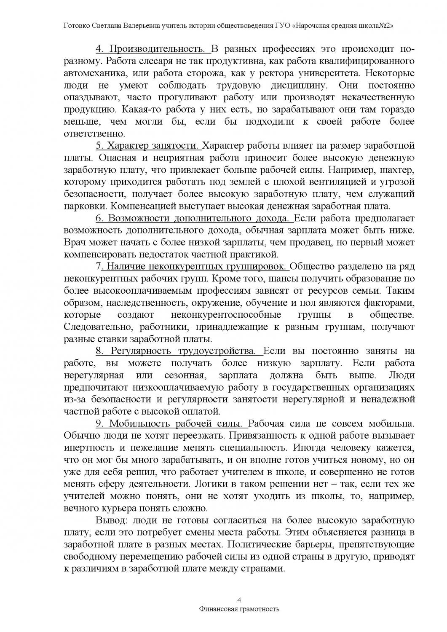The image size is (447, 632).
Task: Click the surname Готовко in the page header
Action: click(x=75, y=25)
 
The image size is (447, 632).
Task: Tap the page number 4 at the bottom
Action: click(x=239, y=600)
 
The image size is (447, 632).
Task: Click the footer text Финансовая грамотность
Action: click(x=239, y=609)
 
